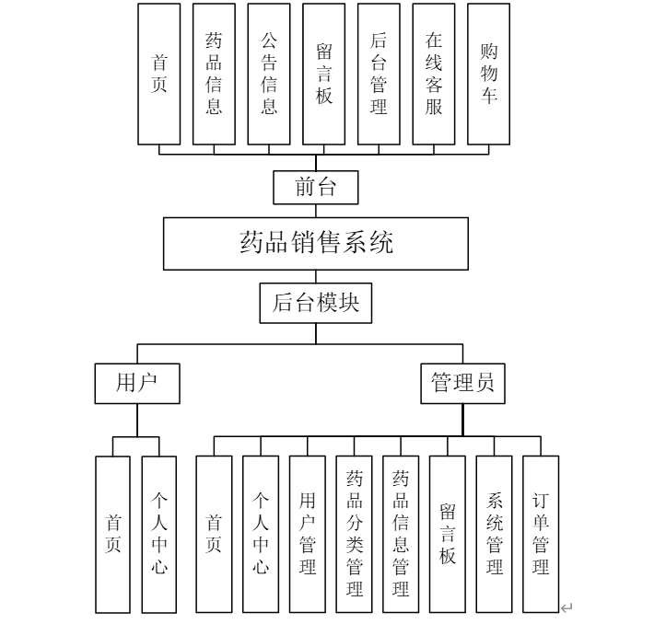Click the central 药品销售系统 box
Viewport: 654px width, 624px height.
[316, 243]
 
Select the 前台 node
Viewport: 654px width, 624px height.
[315, 188]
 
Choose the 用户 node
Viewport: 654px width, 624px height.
[136, 383]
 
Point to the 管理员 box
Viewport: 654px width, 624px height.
[462, 383]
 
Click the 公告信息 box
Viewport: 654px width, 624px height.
[269, 74]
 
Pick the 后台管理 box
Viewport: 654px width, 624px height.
[379, 74]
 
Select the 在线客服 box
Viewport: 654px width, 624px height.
[434, 74]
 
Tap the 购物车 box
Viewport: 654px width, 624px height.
[489, 74]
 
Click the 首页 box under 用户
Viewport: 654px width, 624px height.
[113, 534]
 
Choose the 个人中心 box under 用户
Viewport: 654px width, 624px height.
[159, 534]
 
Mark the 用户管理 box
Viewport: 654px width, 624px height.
[308, 534]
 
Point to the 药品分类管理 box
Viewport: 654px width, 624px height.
[355, 534]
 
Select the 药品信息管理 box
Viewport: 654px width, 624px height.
[401, 534]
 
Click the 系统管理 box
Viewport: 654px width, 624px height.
[495, 534]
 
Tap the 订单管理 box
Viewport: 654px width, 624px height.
[541, 534]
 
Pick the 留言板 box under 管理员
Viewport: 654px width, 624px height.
[448, 534]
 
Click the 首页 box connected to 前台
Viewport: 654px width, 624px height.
[159, 74]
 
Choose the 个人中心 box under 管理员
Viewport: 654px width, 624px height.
[261, 534]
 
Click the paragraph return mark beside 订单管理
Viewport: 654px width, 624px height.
[566, 607]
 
